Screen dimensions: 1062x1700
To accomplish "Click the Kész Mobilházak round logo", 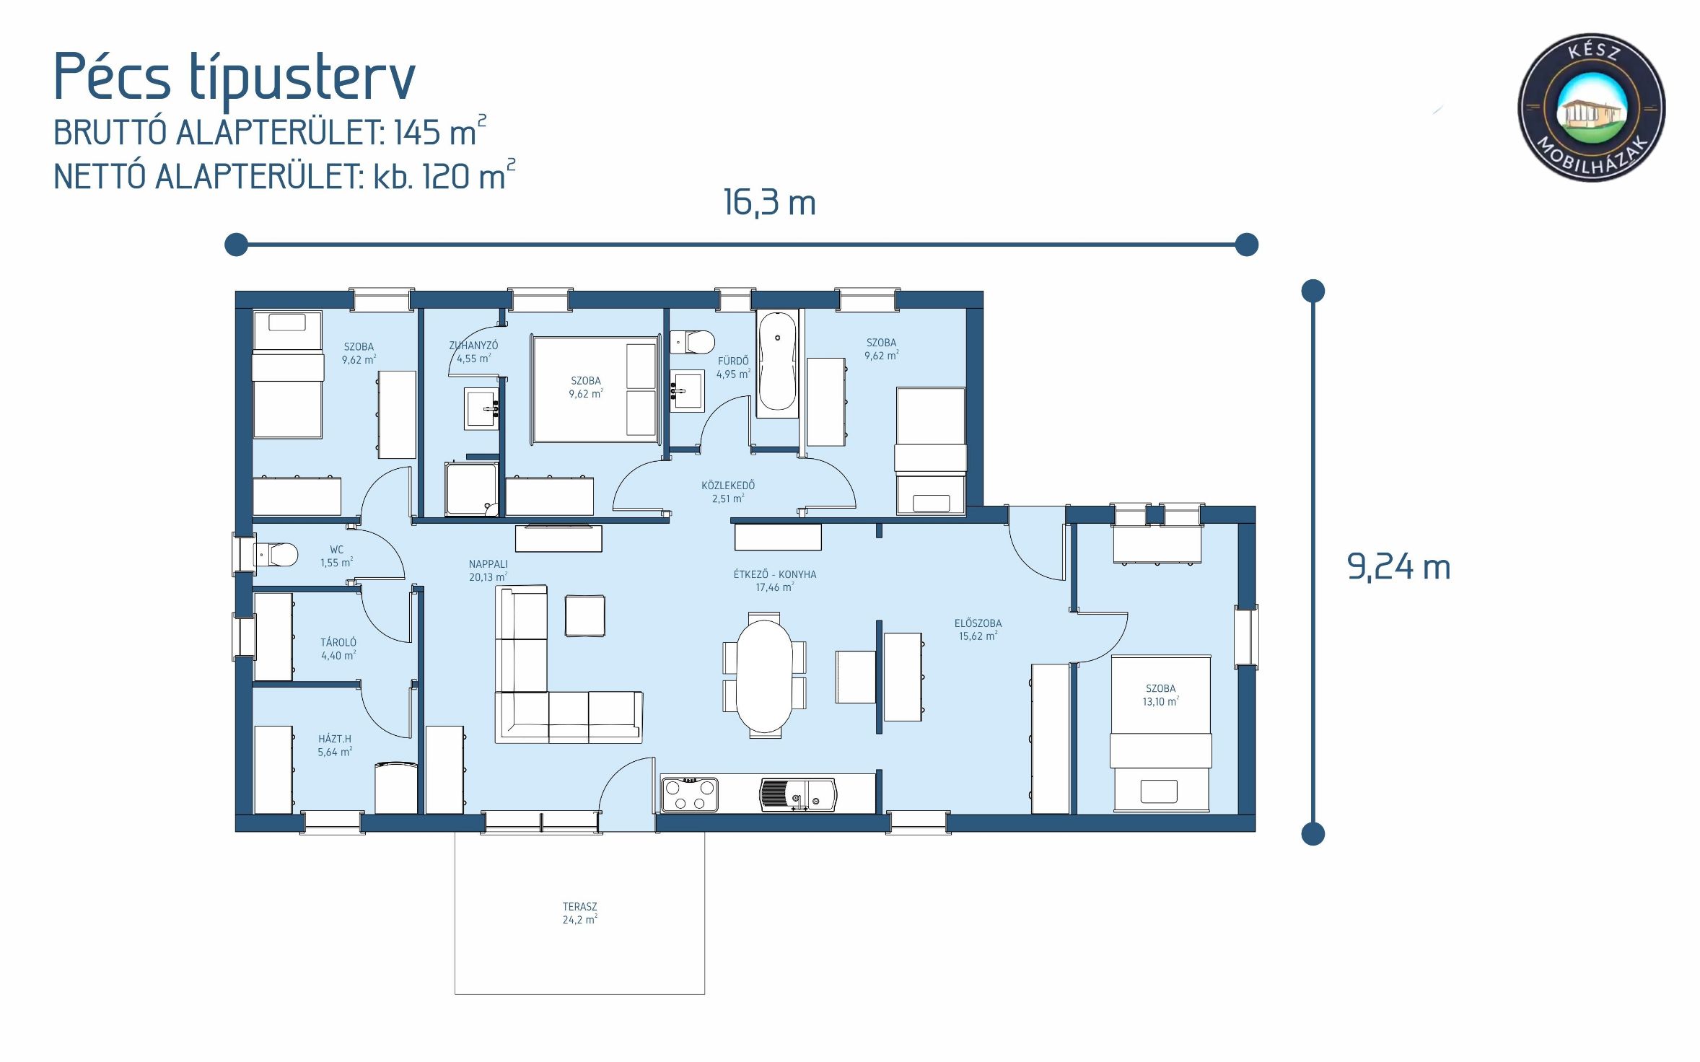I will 1591,107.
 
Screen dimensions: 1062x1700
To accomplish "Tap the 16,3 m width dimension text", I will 769,203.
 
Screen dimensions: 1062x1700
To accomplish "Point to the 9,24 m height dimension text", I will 1398,567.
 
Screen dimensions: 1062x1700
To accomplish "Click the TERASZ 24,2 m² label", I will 579,913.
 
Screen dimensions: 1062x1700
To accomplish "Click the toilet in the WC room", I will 278,555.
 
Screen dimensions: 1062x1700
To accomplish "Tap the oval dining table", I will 764,675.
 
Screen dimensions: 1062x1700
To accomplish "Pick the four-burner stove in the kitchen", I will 689,794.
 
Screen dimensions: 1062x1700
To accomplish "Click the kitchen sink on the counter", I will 797,794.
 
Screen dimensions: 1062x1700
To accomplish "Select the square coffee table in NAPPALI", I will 584,615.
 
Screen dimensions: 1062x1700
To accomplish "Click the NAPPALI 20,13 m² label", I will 488,570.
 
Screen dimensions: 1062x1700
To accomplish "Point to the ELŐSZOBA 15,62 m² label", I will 978,629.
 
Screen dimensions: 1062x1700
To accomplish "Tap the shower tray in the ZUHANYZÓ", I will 471,489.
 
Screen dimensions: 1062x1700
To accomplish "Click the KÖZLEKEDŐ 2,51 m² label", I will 727,491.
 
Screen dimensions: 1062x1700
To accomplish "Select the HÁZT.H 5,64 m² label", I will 335,745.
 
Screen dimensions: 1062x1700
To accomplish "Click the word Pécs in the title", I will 112,76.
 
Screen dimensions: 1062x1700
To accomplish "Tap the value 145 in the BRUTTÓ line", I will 416,133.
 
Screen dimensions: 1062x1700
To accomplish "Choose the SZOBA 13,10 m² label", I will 1160,695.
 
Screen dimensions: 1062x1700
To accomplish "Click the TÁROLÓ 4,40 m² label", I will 338,649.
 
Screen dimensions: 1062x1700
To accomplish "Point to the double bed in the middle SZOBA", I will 595,390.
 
